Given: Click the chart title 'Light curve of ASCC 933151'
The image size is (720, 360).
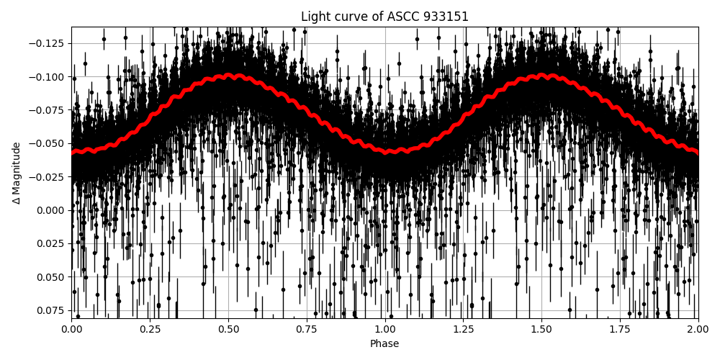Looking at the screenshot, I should (384, 17).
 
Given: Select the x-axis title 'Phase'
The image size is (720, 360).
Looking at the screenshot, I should (384, 344).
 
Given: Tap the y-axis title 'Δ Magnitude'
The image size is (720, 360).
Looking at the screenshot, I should (17, 173).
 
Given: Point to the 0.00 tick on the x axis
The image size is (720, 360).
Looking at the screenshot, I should (71, 329).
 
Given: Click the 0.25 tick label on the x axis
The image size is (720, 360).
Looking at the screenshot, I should (150, 329).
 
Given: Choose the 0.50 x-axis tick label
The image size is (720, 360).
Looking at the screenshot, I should (228, 329).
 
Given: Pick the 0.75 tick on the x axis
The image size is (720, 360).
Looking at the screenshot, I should (306, 329).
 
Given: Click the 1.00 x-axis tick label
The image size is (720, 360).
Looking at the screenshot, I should (384, 329).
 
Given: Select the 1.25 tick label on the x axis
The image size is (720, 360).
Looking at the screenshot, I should (463, 329).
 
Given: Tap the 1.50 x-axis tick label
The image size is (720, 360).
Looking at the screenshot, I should (541, 329).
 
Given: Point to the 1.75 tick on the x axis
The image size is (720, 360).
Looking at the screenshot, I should (620, 329).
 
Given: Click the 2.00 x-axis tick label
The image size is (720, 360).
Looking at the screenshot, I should (698, 329).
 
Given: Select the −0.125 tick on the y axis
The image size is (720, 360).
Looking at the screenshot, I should (50, 43).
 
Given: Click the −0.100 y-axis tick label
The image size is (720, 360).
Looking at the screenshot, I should (50, 77).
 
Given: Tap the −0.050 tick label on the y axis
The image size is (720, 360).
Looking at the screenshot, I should (50, 143).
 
